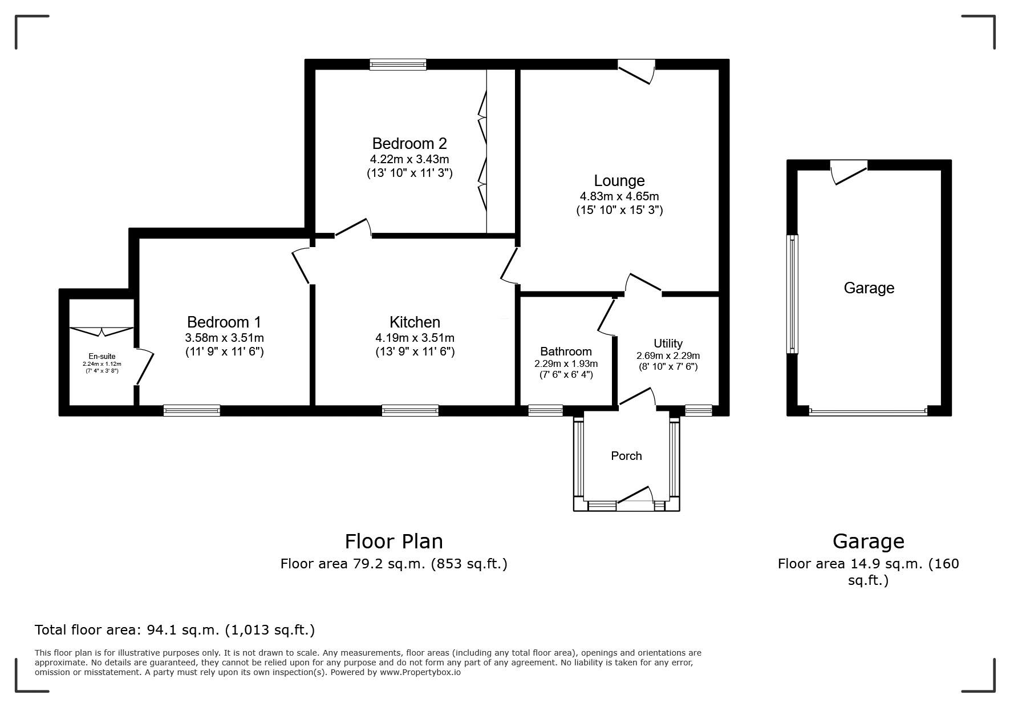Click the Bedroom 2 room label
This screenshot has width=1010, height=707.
point(409,143)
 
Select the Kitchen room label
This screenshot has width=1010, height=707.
point(415,322)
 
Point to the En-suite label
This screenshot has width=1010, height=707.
point(102,356)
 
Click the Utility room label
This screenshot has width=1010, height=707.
point(668,344)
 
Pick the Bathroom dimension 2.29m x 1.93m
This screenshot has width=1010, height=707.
point(566,363)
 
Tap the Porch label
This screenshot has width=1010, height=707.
point(626,456)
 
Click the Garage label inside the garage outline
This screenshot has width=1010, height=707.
point(869,288)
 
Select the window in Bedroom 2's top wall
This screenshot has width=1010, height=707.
point(398,64)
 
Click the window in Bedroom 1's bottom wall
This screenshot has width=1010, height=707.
point(192,410)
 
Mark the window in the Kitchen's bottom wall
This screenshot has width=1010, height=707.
point(410,410)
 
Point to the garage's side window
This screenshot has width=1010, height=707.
point(792,294)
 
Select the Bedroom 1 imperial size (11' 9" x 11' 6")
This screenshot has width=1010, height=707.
point(225,352)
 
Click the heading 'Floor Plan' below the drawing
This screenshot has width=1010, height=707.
point(394,541)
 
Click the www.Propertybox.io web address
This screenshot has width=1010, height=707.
point(420,672)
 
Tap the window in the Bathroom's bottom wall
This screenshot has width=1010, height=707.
point(546,410)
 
